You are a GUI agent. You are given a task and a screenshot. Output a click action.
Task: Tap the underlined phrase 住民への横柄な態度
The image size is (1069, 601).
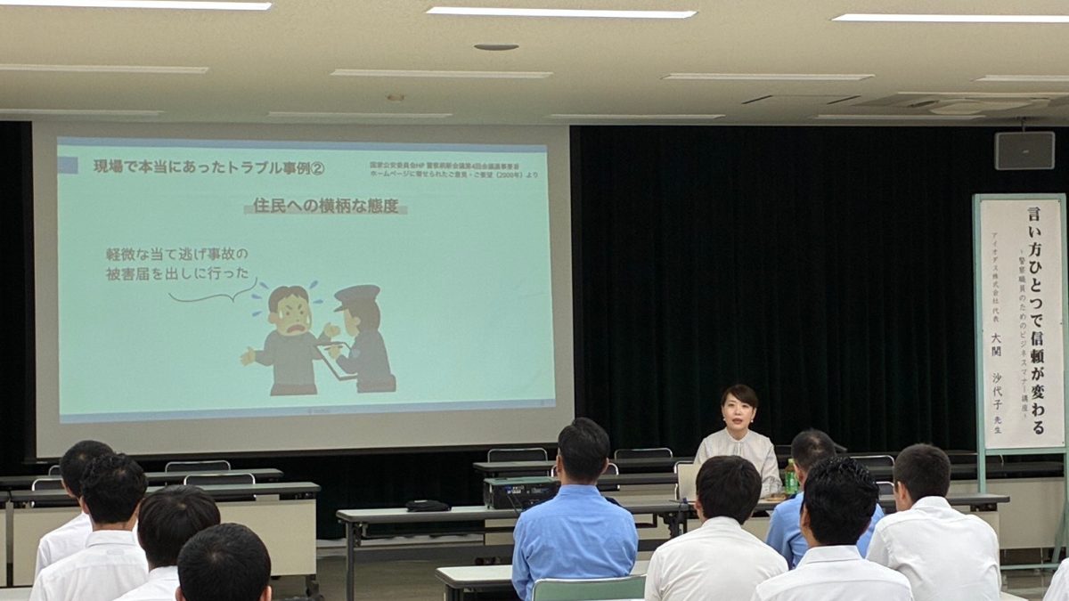[x=325, y=206]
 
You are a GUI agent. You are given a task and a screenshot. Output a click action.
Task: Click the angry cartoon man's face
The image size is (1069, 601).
[x=290, y=313]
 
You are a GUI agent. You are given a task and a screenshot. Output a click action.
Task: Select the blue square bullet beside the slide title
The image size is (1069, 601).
[x=69, y=165]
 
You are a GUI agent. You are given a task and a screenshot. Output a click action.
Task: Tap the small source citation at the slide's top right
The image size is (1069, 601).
[x=453, y=169]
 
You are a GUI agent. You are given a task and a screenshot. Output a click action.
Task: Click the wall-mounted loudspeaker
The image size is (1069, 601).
[x=1024, y=150]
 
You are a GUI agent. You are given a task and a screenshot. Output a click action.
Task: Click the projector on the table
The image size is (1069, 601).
[x=521, y=491]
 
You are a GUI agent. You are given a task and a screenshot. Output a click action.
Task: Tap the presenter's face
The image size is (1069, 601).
[x=739, y=411]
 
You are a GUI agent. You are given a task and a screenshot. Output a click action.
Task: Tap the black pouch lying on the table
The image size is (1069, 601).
[x=428, y=505]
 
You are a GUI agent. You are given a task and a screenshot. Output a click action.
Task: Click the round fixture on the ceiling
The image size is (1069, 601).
[x=496, y=46]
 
